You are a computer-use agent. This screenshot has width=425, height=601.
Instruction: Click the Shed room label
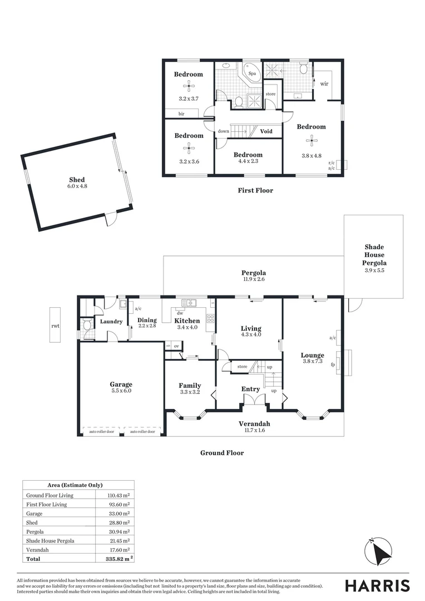[x=77, y=179]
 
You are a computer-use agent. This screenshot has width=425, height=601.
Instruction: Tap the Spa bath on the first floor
[x=251, y=73]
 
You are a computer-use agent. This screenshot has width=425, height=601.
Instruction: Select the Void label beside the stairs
[x=266, y=131]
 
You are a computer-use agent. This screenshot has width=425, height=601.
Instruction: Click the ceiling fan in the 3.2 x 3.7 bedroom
[x=189, y=86]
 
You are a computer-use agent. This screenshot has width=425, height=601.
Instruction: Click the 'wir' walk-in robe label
[x=324, y=83]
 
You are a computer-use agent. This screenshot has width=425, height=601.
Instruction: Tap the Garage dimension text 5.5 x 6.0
[x=121, y=391]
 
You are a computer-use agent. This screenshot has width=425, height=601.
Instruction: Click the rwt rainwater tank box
[x=56, y=326]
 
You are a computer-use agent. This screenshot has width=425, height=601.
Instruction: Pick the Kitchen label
[x=187, y=321]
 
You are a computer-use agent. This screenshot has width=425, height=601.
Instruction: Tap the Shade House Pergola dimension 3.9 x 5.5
[x=374, y=270]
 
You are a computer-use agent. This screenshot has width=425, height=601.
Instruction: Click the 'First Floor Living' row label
[x=47, y=504]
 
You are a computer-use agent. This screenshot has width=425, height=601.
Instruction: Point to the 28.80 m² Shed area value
[x=118, y=523]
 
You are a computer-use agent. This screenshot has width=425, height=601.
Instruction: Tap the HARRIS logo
[x=377, y=585]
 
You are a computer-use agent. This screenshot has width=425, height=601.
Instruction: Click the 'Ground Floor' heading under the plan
[x=222, y=453]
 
